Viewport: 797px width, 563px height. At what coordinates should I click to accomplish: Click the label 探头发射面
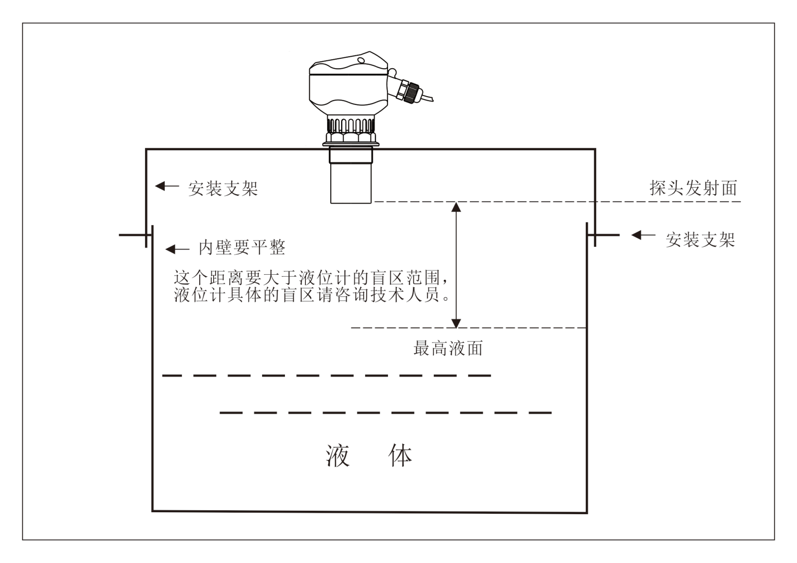(x=693, y=188)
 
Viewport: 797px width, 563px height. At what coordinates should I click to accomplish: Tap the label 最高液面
(x=448, y=348)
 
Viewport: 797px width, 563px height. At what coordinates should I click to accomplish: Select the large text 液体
(x=369, y=455)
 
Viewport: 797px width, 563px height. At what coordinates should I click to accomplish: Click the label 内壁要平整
(x=242, y=247)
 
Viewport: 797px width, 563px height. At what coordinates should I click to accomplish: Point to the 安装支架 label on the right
(x=700, y=240)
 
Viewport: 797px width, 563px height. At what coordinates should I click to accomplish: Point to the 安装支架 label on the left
(x=223, y=189)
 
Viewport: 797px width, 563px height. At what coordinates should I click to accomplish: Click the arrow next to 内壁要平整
(x=177, y=249)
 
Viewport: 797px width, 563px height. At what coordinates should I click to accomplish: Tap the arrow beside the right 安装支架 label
(x=643, y=235)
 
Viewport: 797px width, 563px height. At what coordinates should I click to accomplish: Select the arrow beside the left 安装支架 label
(x=167, y=186)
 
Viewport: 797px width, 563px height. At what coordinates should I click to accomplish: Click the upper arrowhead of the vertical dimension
(x=456, y=206)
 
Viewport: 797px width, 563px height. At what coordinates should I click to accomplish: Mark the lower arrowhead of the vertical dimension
(x=456, y=323)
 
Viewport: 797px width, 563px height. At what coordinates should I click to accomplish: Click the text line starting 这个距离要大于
(x=307, y=278)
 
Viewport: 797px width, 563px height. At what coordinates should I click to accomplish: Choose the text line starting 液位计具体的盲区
(x=312, y=295)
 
